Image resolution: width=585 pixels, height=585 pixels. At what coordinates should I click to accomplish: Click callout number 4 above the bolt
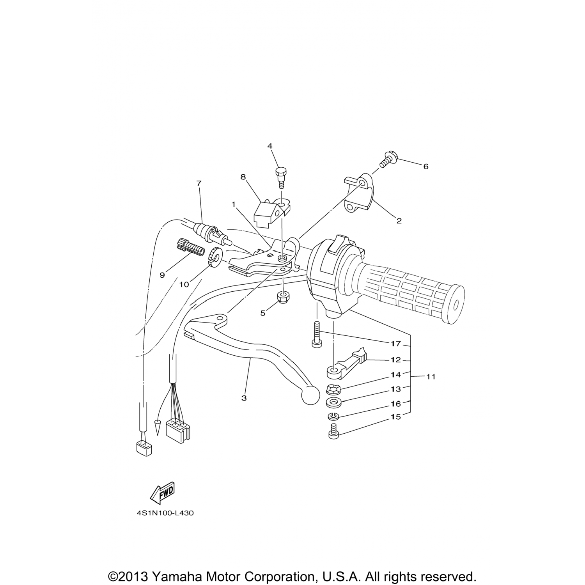270,146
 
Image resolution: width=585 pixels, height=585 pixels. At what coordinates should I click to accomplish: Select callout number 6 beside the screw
426,167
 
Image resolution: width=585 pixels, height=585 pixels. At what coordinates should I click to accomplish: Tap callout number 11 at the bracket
431,377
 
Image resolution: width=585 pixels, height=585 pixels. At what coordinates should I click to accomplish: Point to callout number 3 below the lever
244,398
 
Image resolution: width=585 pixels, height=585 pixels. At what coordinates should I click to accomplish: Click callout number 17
396,344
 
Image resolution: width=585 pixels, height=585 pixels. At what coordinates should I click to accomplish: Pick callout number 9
162,275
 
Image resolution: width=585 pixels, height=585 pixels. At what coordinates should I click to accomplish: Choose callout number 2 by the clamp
399,221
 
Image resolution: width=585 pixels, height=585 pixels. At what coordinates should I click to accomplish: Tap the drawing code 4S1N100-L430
165,513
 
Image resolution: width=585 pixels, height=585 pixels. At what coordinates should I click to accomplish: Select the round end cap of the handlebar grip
455,304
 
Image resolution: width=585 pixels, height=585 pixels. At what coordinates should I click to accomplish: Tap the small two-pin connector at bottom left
144,448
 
